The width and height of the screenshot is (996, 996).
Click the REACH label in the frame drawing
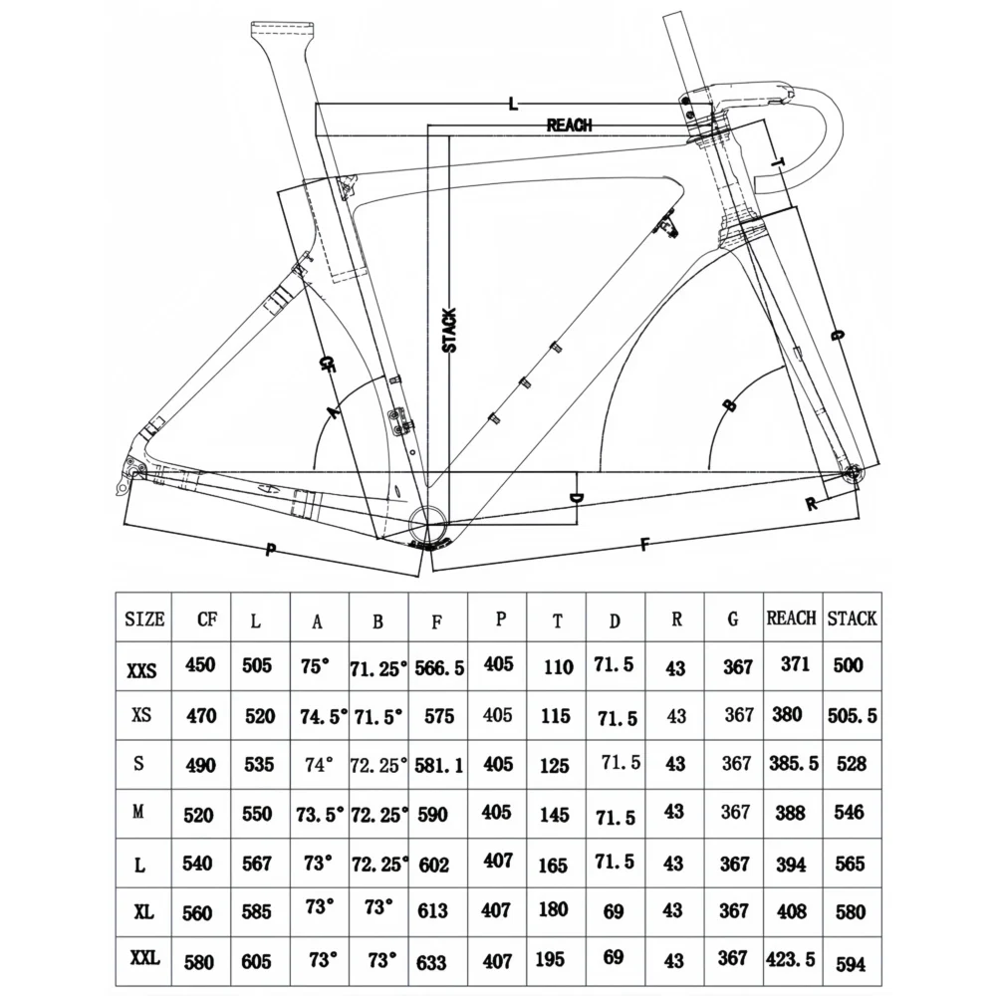click(569, 125)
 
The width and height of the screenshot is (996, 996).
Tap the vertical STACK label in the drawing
click(449, 331)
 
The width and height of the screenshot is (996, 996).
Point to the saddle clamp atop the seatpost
click(283, 29)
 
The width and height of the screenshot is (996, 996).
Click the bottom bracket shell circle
click(428, 524)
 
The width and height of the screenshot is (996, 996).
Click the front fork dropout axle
click(853, 472)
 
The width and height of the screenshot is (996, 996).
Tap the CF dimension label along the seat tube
click(327, 364)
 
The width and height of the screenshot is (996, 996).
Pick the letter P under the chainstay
click(271, 550)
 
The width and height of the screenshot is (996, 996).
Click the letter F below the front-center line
click(644, 545)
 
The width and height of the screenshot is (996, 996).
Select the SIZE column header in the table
click(144, 619)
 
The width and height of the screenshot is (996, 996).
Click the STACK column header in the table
click(852, 619)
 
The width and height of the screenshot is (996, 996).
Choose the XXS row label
click(141, 670)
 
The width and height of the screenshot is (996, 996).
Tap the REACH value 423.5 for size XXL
click(790, 958)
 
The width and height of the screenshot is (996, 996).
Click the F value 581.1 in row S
click(439, 765)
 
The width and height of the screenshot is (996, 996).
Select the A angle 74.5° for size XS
click(324, 717)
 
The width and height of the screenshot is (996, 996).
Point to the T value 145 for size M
click(554, 814)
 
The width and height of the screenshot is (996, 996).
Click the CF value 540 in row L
click(197, 864)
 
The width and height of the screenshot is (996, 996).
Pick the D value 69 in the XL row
click(613, 911)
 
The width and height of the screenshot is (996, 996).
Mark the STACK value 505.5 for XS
click(852, 716)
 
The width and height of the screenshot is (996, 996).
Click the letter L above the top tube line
click(513, 104)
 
